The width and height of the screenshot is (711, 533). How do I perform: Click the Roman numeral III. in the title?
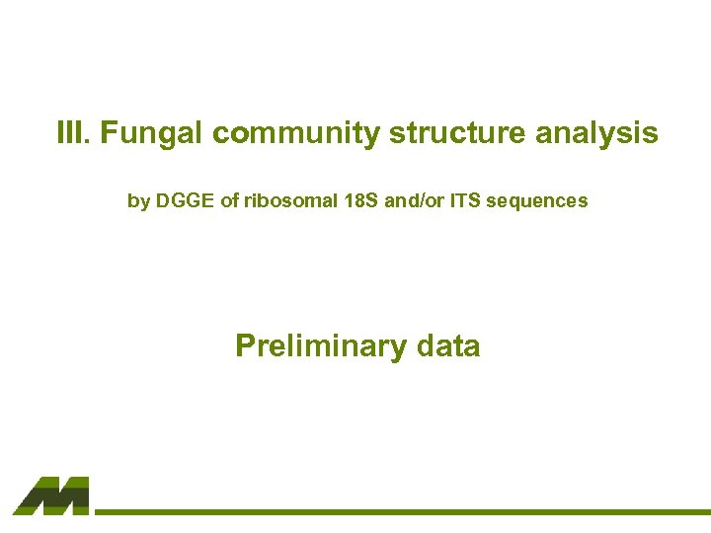click(x=72, y=133)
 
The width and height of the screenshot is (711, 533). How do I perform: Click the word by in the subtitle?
click(x=138, y=201)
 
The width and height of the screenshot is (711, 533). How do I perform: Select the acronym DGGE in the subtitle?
click(x=186, y=200)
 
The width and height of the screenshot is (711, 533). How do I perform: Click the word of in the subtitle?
click(x=230, y=200)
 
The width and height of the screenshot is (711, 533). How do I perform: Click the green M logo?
click(x=51, y=495)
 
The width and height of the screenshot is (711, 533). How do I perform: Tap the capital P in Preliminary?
click(x=244, y=345)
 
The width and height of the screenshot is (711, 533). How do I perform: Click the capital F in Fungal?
click(x=107, y=133)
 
